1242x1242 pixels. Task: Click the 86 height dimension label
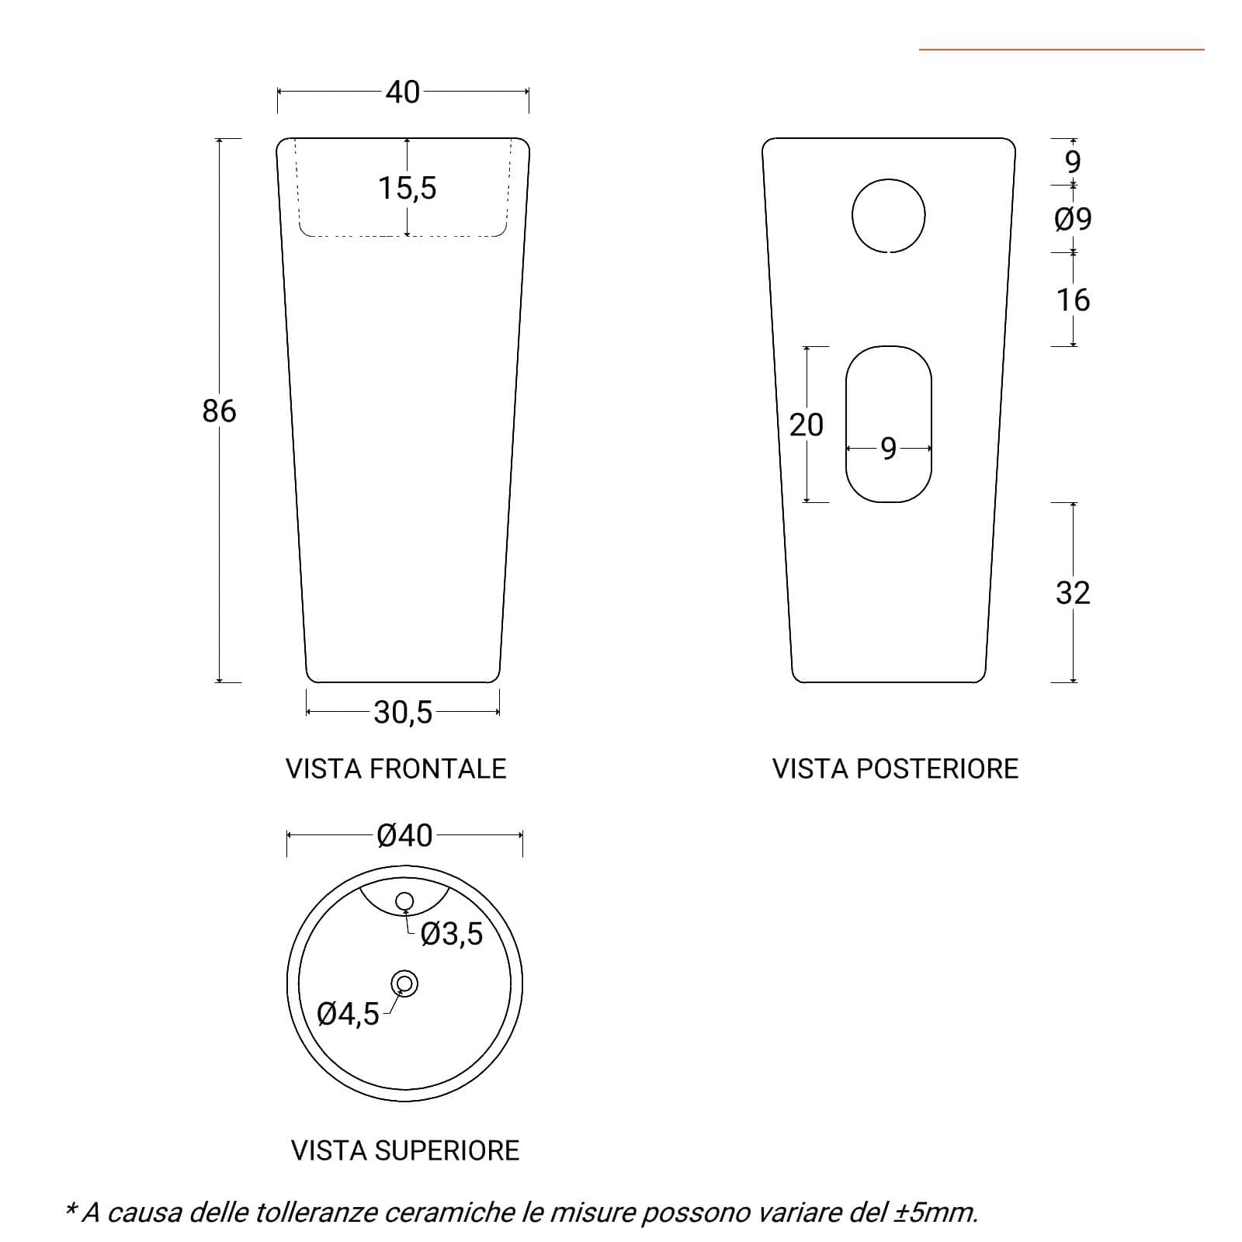pyautogui.click(x=219, y=411)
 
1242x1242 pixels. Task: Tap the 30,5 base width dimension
pyautogui.click(x=403, y=712)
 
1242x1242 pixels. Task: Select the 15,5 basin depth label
pyautogui.click(x=408, y=188)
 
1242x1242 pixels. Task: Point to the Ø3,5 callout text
pyautogui.click(x=451, y=934)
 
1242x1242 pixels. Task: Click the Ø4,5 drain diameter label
pyautogui.click(x=349, y=1014)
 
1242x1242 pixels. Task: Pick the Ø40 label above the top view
pyautogui.click(x=404, y=835)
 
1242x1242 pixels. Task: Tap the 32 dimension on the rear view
pyautogui.click(x=1073, y=593)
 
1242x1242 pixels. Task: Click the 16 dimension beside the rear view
pyautogui.click(x=1073, y=300)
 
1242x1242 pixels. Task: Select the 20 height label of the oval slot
pyautogui.click(x=807, y=425)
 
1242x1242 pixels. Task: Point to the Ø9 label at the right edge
pyautogui.click(x=1073, y=219)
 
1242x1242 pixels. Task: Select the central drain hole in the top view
pyautogui.click(x=404, y=984)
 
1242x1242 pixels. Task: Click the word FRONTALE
pyautogui.click(x=438, y=768)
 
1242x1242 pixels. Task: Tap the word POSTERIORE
pyautogui.click(x=937, y=768)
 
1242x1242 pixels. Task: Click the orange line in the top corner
pyautogui.click(x=1062, y=50)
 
